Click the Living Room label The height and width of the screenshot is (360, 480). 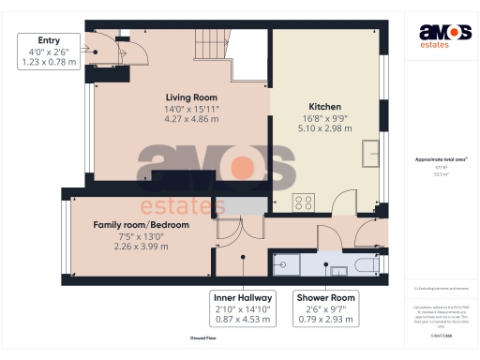(191, 97)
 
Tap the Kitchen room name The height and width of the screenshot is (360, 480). (324, 107)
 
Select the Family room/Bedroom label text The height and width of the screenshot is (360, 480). (141, 225)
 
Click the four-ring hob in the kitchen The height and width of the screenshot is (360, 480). (304, 202)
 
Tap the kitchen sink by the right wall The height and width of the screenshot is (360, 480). (370, 150)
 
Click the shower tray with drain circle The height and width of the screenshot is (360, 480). (285, 266)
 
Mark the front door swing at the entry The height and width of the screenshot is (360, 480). (109, 47)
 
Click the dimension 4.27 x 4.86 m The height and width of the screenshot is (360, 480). (191, 120)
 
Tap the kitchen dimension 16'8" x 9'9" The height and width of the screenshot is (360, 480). (324, 118)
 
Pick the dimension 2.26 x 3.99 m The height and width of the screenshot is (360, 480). (141, 247)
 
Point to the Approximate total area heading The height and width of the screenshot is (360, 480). (441, 159)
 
